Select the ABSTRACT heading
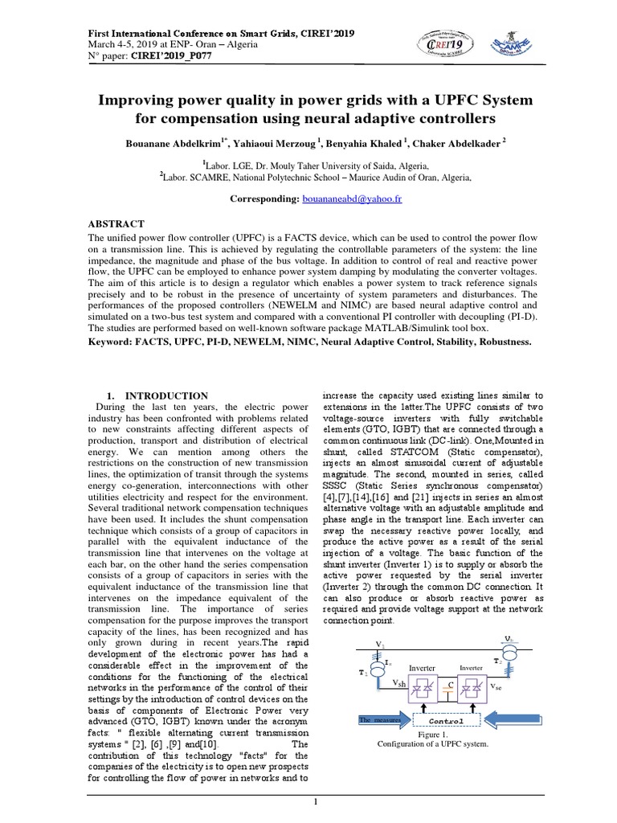click(x=115, y=223)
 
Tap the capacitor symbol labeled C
click(x=451, y=685)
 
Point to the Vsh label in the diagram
click(x=398, y=684)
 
